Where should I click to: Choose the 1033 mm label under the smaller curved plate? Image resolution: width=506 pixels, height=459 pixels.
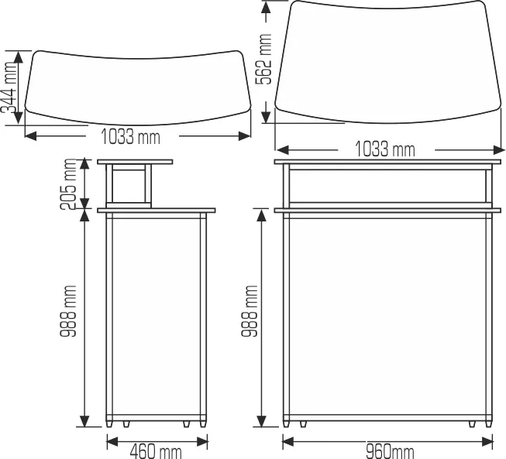(x=131, y=137)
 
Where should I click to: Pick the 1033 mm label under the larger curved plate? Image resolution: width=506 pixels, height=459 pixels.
(x=384, y=149)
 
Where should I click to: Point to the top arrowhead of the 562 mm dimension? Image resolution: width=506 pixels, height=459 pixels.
(x=267, y=6)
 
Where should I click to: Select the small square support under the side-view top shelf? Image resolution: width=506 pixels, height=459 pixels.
(x=130, y=186)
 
